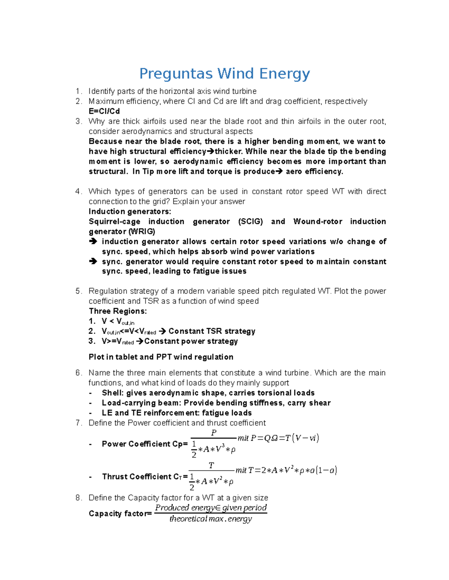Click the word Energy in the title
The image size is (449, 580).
(x=284, y=74)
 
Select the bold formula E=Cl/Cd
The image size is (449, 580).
(x=104, y=111)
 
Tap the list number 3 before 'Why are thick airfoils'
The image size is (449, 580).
(x=78, y=121)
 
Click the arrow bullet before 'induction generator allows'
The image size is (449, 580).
(x=93, y=242)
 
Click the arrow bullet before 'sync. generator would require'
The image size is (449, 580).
(x=93, y=261)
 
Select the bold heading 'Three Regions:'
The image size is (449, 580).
(x=117, y=311)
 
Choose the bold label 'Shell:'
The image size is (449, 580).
(x=113, y=393)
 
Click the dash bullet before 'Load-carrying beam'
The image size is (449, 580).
(x=90, y=403)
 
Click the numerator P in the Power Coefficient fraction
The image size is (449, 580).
(x=214, y=432)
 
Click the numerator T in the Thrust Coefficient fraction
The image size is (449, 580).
(x=211, y=465)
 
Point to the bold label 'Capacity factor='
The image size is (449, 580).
(x=120, y=514)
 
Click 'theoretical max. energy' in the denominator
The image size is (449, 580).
(x=211, y=519)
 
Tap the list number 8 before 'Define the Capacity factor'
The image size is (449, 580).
(x=78, y=498)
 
